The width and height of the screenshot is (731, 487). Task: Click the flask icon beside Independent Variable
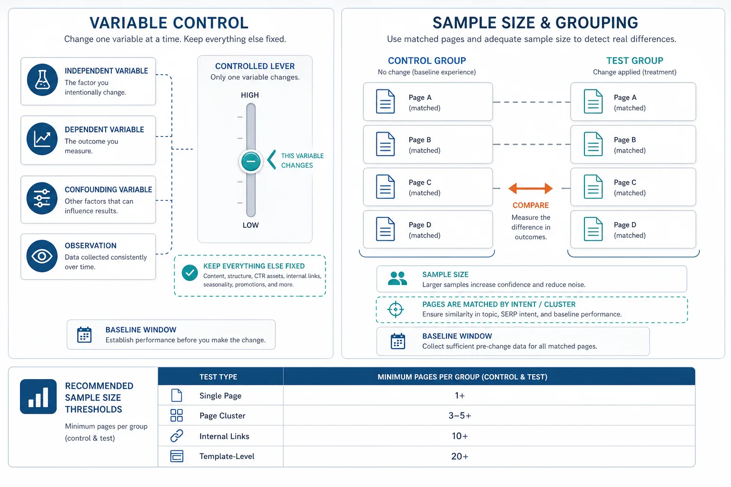coord(42,79)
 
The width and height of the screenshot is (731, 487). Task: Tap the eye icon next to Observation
coord(42,256)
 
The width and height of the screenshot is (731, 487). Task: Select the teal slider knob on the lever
coord(251,161)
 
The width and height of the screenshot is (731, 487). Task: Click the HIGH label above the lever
coord(250,95)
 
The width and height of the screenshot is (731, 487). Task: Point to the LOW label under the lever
coord(250,225)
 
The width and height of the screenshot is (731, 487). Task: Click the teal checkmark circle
coord(189,273)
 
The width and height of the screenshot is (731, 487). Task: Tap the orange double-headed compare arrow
coord(531,188)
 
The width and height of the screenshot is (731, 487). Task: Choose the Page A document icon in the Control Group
coord(385,101)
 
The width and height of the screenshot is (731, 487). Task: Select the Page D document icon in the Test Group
coord(593,229)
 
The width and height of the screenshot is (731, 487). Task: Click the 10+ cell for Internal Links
coord(459,436)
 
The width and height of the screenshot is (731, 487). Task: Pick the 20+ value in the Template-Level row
coord(459,456)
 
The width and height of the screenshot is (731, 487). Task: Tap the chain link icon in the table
coord(177,436)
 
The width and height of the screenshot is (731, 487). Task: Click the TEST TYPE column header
coord(218,377)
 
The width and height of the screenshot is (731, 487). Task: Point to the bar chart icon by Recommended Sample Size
coord(38,396)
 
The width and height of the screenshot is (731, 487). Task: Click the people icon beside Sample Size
coord(397,278)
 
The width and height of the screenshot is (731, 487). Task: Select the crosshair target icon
coord(395,309)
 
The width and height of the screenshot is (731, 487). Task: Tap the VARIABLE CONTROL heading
coord(169,23)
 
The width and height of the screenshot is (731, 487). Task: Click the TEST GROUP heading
coord(634,61)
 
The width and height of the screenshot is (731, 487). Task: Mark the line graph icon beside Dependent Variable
coord(42,138)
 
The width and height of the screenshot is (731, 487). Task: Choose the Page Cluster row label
coord(222,416)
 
